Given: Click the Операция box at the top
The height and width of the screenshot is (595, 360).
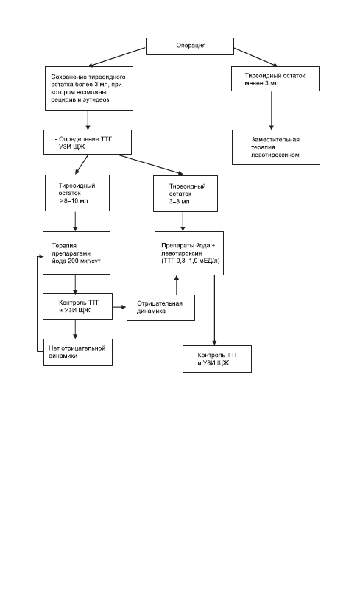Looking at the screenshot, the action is point(190,46).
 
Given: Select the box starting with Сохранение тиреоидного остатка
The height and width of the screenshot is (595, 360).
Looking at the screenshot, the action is point(89,89).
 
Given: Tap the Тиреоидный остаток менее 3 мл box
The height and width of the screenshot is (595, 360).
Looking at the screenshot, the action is point(275,79).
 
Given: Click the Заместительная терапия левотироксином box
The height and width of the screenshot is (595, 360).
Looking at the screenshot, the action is point(276,147).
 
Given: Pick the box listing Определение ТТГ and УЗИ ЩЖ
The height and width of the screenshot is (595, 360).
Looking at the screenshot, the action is point(88,142).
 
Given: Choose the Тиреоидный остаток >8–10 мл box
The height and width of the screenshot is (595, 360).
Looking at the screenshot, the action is point(77,193).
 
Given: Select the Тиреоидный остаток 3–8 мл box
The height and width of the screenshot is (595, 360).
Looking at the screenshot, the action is point(186,194).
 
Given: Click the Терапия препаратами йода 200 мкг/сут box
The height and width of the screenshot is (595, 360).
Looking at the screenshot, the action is point(77,253).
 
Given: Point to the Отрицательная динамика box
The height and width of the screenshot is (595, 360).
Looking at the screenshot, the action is point(160,308).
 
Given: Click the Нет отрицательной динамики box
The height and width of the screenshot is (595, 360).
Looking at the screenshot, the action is point(78,352).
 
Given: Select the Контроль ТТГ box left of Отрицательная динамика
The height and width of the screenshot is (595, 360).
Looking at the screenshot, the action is point(77,306).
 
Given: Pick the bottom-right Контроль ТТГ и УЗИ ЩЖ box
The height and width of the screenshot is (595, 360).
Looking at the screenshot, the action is point(217,359).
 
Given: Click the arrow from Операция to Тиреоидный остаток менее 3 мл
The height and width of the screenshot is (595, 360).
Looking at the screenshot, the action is point(255,57).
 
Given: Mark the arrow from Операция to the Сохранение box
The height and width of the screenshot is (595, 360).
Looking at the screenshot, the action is point(117,57).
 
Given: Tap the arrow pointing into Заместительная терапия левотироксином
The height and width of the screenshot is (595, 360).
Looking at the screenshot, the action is point(271,110).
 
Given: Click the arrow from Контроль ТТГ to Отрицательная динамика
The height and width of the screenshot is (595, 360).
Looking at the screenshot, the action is point(119,306).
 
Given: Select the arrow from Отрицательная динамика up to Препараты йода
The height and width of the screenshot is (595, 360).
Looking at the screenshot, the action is point(177,285).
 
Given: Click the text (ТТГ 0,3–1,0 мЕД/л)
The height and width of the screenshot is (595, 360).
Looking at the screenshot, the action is point(191,261).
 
